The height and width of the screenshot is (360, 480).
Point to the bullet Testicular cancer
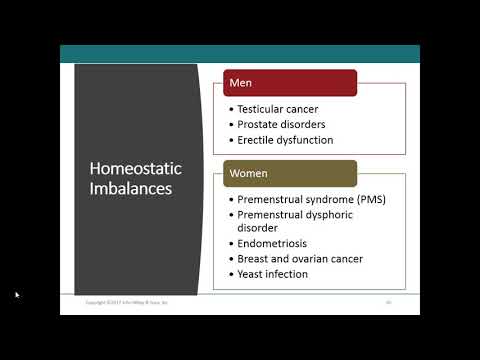(277, 108)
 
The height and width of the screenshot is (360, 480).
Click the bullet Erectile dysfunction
(285, 140)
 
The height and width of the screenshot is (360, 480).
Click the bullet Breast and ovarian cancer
(300, 258)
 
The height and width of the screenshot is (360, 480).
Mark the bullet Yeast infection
(273, 274)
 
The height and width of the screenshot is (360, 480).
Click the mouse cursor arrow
(17, 295)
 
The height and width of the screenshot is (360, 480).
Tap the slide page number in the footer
(388, 301)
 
